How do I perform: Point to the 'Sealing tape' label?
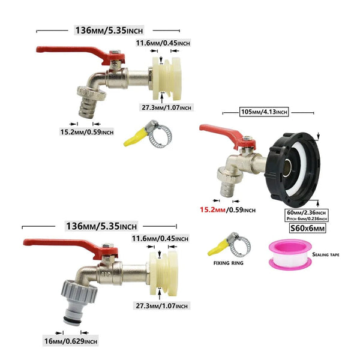(326, 255)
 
